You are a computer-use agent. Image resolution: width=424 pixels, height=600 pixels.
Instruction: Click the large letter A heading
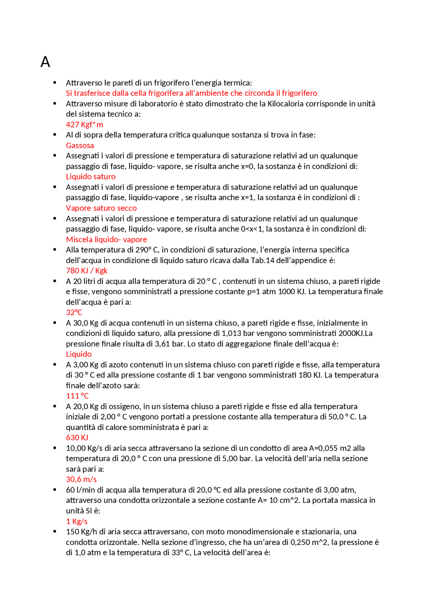45,62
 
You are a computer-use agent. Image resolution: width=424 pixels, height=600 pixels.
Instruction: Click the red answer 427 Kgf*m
84,125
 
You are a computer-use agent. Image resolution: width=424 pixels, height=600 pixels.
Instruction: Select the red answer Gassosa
80,145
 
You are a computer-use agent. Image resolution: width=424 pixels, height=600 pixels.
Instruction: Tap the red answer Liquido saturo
91,177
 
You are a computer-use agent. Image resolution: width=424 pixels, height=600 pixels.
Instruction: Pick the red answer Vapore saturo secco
101,208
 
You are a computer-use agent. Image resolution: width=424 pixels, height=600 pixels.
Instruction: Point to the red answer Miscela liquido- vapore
106,240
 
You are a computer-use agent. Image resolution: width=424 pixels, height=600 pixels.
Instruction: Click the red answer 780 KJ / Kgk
87,271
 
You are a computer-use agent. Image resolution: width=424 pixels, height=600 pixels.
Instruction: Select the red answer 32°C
74,312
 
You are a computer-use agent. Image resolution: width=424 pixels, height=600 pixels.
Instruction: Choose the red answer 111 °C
77,396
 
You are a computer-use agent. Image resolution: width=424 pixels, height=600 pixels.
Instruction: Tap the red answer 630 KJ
77,438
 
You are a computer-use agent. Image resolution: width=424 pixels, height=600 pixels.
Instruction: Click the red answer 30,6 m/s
81,479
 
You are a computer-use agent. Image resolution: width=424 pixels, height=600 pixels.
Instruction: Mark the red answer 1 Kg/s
77,521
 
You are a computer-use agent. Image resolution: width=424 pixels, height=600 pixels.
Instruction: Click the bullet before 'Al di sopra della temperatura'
55,135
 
